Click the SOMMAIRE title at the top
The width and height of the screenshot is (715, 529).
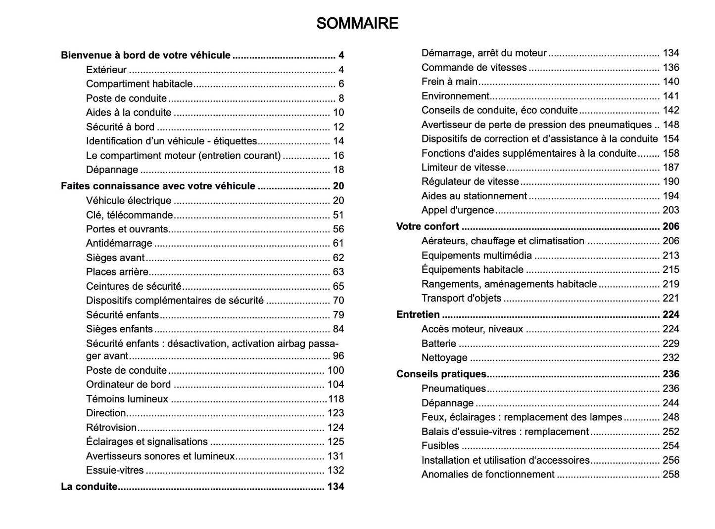[x=357, y=23]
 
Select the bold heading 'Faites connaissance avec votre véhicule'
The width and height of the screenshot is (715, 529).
[x=158, y=186]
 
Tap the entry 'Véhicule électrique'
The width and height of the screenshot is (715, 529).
[x=129, y=200]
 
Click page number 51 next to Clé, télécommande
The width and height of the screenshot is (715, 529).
[x=338, y=215]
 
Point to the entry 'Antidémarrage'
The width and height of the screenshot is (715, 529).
[x=119, y=243]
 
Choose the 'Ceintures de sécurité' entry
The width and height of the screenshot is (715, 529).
[x=134, y=286]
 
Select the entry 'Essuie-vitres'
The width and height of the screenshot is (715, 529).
[x=115, y=470]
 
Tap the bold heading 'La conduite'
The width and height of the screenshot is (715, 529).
[x=89, y=486]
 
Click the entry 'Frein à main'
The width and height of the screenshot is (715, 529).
[x=449, y=82]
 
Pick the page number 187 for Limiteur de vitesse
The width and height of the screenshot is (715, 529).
[x=670, y=167]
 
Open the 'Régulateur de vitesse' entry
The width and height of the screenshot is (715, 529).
[x=470, y=181]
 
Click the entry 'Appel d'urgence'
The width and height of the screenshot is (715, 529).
[x=458, y=210]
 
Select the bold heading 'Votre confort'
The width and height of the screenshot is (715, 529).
[x=428, y=226]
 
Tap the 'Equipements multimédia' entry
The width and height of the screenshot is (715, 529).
[x=477, y=255]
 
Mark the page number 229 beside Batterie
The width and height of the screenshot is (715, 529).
[x=670, y=343]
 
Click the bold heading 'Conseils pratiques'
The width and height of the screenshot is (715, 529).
[x=441, y=374]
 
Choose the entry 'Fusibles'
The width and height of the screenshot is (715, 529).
[x=440, y=445]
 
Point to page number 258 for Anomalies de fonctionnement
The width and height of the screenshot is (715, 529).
[x=670, y=474]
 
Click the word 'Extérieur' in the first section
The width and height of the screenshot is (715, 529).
[x=106, y=70]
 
